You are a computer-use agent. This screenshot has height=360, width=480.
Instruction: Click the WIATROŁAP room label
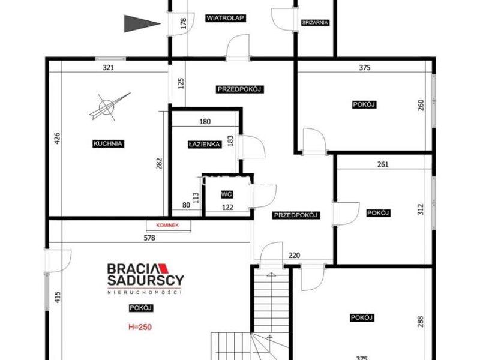[x=225, y=18]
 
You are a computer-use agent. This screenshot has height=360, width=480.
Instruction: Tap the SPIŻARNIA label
[x=315, y=23]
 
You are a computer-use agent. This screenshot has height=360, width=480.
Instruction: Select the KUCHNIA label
[x=108, y=143]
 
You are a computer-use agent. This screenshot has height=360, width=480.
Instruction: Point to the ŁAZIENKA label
[x=204, y=144]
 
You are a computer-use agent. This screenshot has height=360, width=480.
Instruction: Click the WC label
[x=227, y=194]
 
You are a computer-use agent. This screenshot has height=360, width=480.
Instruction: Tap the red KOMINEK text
[x=167, y=226]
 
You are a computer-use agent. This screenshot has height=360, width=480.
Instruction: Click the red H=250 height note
[x=140, y=327]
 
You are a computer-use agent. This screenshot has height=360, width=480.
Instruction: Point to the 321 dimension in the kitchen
[x=108, y=68]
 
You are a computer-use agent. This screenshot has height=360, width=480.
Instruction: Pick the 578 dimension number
[x=149, y=238]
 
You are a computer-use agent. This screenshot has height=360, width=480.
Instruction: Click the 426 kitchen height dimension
[x=57, y=138]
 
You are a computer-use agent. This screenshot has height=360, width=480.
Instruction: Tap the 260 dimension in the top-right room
[x=421, y=105]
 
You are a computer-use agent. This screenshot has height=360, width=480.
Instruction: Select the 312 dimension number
[x=421, y=209]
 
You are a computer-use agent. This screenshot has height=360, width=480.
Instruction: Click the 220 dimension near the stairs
[x=294, y=256]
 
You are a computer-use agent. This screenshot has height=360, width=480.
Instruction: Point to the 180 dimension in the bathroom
[x=205, y=122]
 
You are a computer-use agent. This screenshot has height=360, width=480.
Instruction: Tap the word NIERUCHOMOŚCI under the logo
[x=145, y=292]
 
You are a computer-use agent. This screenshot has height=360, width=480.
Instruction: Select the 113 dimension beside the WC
[x=196, y=198]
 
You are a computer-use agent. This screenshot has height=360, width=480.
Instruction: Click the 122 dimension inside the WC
[x=227, y=207]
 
